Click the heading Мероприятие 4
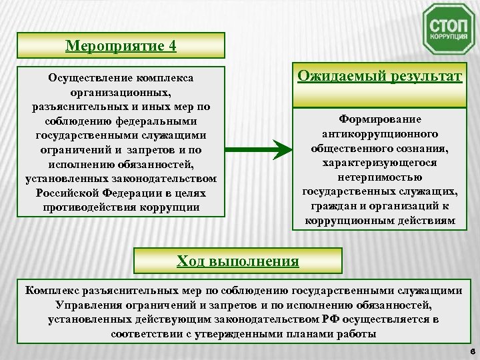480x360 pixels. (121, 46)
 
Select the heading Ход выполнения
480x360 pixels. (238, 259)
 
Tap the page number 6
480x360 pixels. (471, 351)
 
